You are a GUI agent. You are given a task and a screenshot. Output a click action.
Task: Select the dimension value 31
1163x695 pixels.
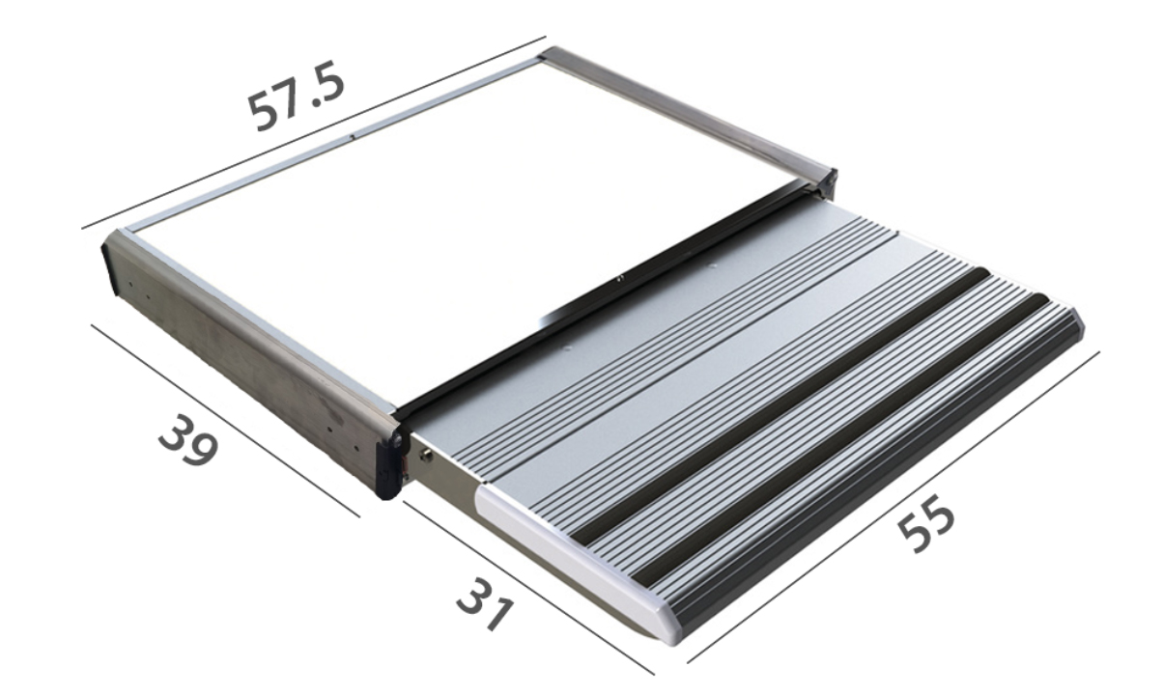pos(486,605)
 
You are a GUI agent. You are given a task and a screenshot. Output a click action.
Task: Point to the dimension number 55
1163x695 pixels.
pos(926,524)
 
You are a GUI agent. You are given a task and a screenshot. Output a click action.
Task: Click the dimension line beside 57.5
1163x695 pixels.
pos(314,132)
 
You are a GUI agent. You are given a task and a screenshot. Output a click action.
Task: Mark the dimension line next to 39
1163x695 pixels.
pos(225,421)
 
